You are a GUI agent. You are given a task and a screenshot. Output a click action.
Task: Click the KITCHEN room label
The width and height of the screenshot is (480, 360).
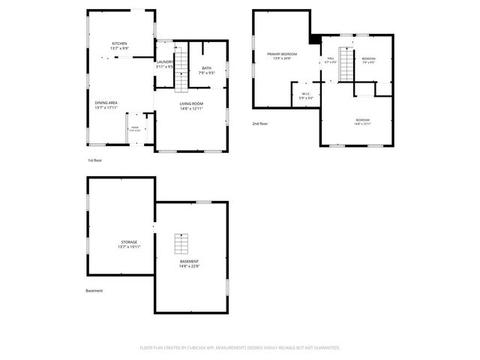(120, 43)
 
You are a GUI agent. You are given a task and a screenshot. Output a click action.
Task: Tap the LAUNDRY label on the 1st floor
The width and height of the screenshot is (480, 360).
(165, 61)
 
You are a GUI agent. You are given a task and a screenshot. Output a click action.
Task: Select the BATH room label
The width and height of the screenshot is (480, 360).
(206, 69)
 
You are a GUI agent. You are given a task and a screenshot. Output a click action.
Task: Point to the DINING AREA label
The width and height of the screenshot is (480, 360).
(106, 102)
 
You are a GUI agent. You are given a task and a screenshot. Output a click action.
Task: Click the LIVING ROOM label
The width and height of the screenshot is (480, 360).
(191, 104)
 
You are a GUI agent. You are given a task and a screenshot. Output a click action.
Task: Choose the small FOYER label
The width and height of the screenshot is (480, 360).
(135, 129)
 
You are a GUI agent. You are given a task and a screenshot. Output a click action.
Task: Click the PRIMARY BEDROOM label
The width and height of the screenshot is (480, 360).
(282, 54)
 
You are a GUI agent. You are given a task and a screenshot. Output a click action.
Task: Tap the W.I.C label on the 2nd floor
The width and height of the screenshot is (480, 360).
(305, 94)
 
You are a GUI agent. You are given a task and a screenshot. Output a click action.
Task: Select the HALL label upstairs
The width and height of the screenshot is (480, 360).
(330, 58)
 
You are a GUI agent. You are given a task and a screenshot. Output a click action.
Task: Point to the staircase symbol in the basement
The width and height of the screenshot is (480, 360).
(181, 244)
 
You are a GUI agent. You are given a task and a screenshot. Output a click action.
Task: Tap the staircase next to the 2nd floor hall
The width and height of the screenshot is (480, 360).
(346, 64)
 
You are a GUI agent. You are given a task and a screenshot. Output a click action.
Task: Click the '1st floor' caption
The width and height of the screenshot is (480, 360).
(95, 160)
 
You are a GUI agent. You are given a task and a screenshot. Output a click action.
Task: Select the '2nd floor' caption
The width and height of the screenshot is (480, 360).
(260, 123)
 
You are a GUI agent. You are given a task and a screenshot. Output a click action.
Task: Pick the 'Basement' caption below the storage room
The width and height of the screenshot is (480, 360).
(94, 290)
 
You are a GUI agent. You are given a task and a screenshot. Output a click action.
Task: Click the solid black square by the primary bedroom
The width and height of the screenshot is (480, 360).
(315, 39)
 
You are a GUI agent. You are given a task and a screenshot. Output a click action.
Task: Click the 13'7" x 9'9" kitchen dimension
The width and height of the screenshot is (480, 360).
(120, 49)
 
